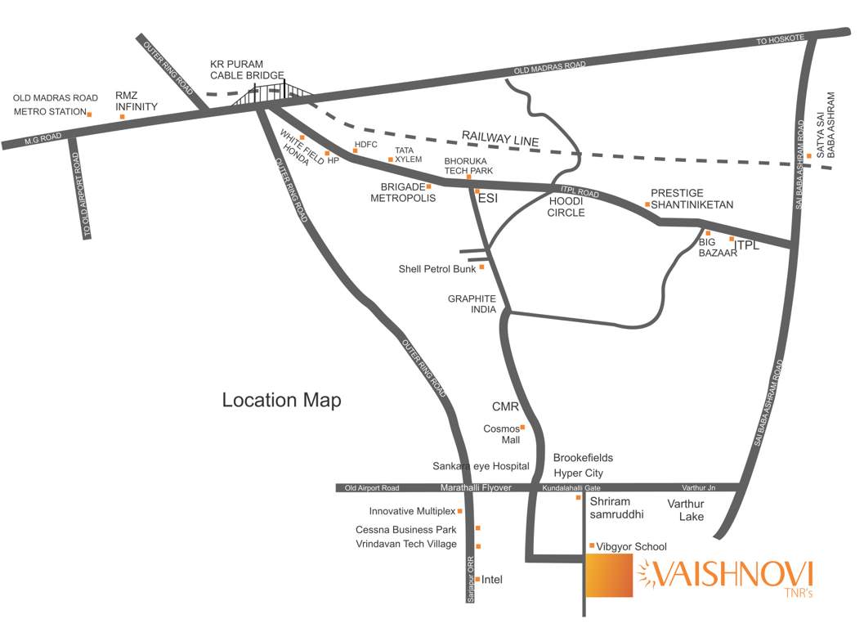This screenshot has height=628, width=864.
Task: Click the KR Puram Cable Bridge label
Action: (x=239, y=69)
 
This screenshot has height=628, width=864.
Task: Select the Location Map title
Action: (x=282, y=401)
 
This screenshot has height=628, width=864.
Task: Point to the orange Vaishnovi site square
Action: (x=610, y=576)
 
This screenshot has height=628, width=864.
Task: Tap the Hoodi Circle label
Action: (x=566, y=206)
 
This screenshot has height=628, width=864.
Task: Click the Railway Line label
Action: (x=500, y=138)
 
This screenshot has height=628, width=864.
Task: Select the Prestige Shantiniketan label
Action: (x=692, y=199)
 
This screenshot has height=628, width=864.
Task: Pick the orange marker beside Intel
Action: (x=477, y=579)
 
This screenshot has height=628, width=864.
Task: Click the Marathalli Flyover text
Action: (x=476, y=488)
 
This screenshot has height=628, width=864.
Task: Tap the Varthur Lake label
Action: (x=686, y=509)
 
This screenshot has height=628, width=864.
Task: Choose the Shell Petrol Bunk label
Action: (x=436, y=268)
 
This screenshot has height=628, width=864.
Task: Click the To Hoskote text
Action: (x=781, y=38)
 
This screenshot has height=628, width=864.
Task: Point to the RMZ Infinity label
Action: (x=136, y=101)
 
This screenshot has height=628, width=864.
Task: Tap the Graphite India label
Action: (x=472, y=304)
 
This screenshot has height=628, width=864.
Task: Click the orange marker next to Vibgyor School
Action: (x=591, y=545)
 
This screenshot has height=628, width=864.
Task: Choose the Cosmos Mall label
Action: (x=501, y=433)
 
